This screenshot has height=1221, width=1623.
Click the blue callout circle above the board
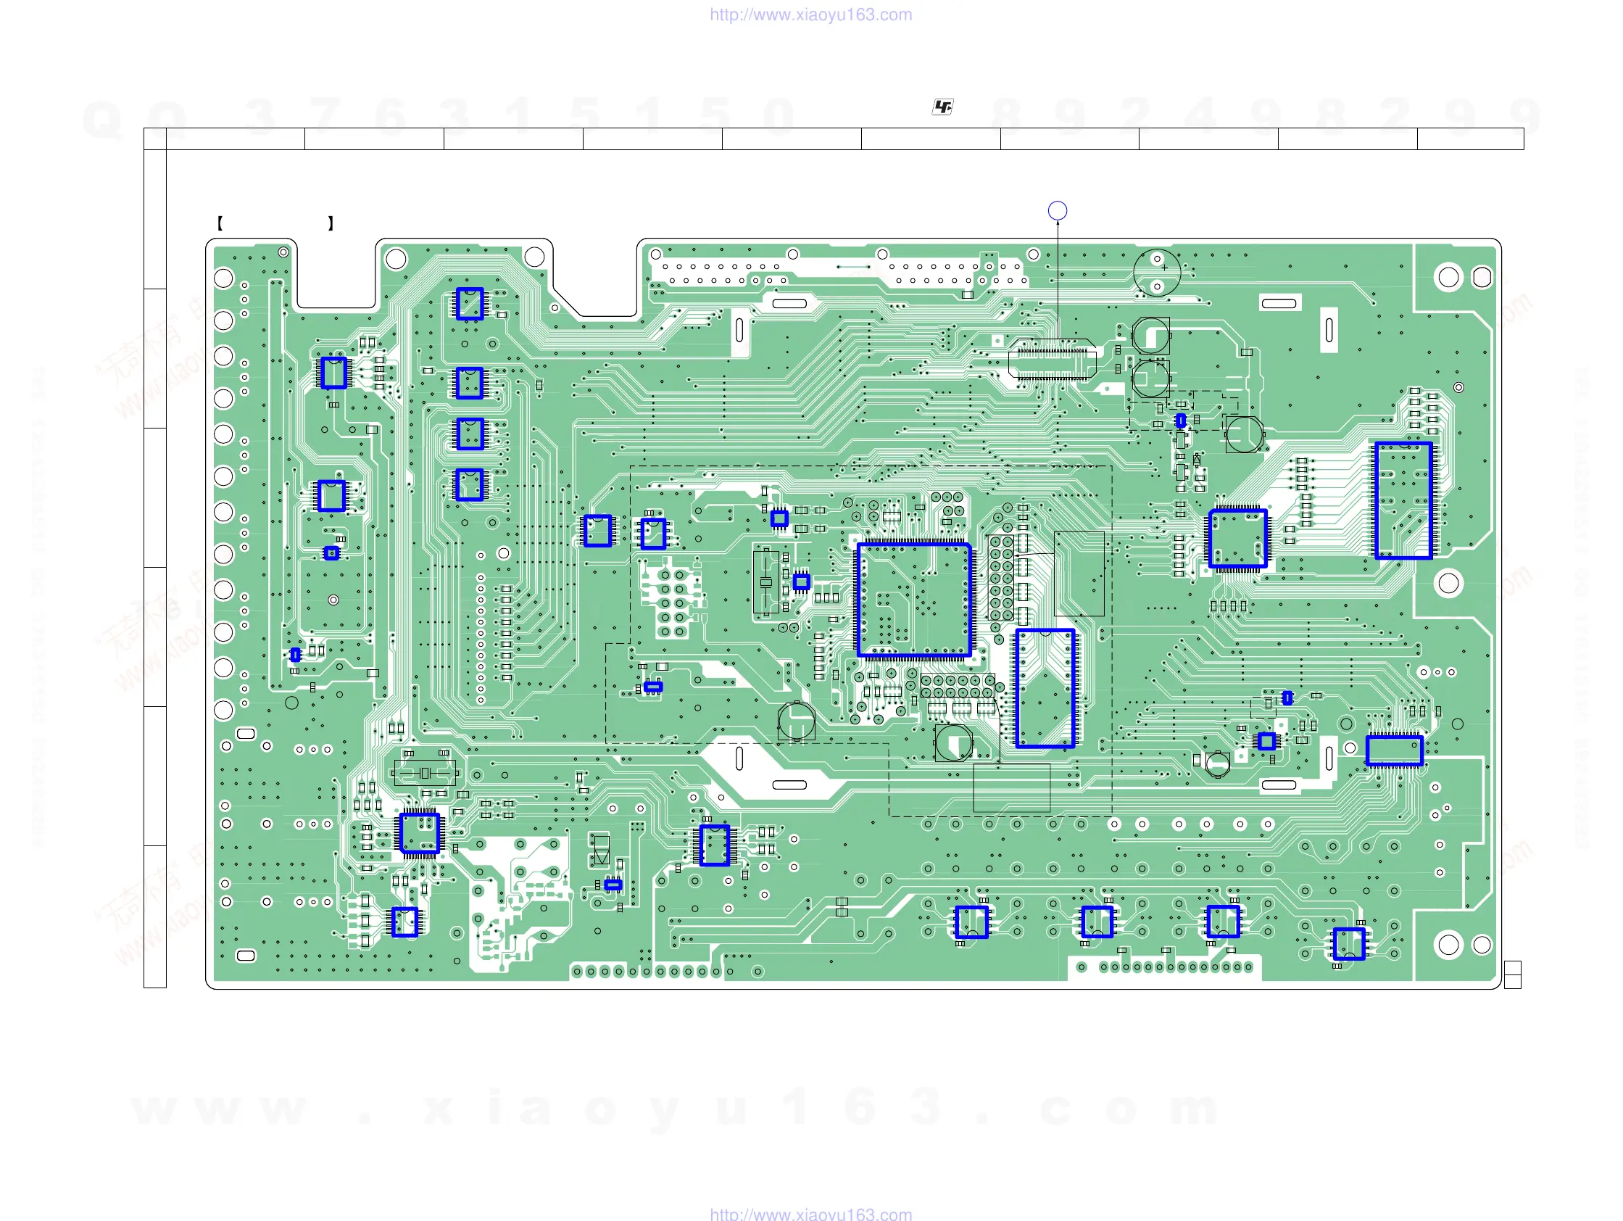(x=1058, y=211)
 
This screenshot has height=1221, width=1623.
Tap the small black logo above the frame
(x=942, y=107)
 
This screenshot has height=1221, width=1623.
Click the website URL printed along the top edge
(x=810, y=15)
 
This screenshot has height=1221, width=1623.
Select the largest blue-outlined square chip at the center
(x=914, y=600)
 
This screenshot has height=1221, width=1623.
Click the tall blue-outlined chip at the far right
(x=1403, y=500)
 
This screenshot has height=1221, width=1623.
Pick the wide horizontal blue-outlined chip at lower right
(x=1394, y=750)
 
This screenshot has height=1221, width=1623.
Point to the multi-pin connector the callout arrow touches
(x=1053, y=360)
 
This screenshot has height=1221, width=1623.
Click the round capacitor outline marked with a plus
(x=1156, y=272)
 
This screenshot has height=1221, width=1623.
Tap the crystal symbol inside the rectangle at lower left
(x=425, y=773)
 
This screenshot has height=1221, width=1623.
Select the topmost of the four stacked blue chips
(x=470, y=303)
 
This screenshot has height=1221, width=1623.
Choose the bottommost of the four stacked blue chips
(x=470, y=484)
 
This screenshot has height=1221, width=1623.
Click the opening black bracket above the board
(x=220, y=223)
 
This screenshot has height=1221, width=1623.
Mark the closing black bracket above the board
(x=331, y=223)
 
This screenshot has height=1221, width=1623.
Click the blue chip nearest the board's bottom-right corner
(x=1348, y=943)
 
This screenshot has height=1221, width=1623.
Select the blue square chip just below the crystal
(x=420, y=834)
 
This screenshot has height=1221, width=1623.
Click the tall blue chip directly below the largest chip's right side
(x=1045, y=688)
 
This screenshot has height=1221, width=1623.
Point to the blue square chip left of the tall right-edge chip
(x=1238, y=539)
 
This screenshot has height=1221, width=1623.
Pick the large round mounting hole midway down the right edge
(x=1448, y=584)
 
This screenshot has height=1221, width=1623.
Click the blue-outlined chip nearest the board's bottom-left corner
(x=404, y=922)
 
